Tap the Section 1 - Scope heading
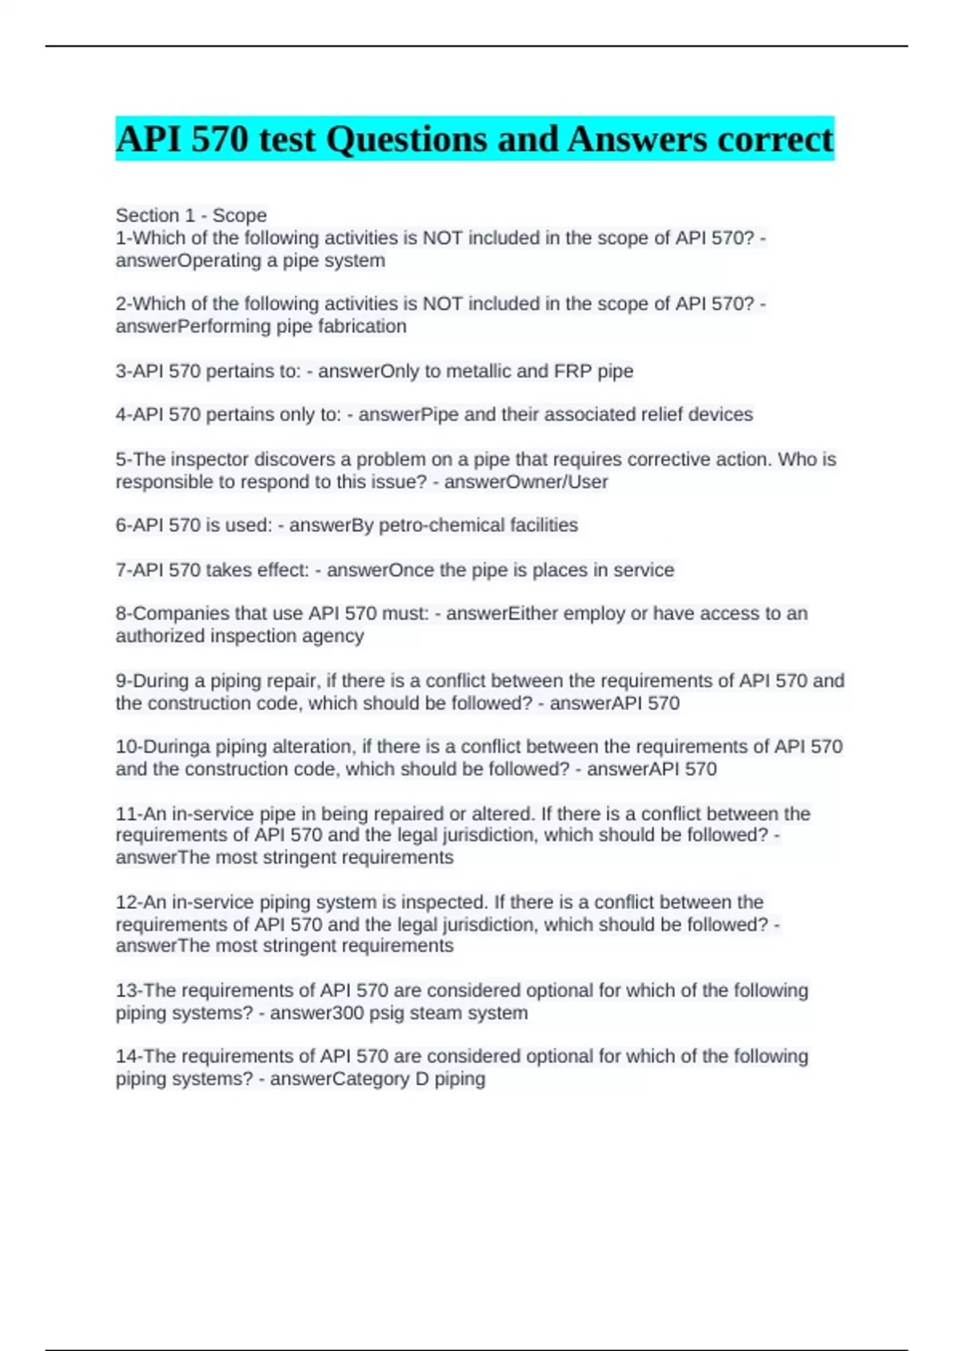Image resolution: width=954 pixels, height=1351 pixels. [x=191, y=215]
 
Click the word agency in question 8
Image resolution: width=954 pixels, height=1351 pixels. [x=335, y=636]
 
